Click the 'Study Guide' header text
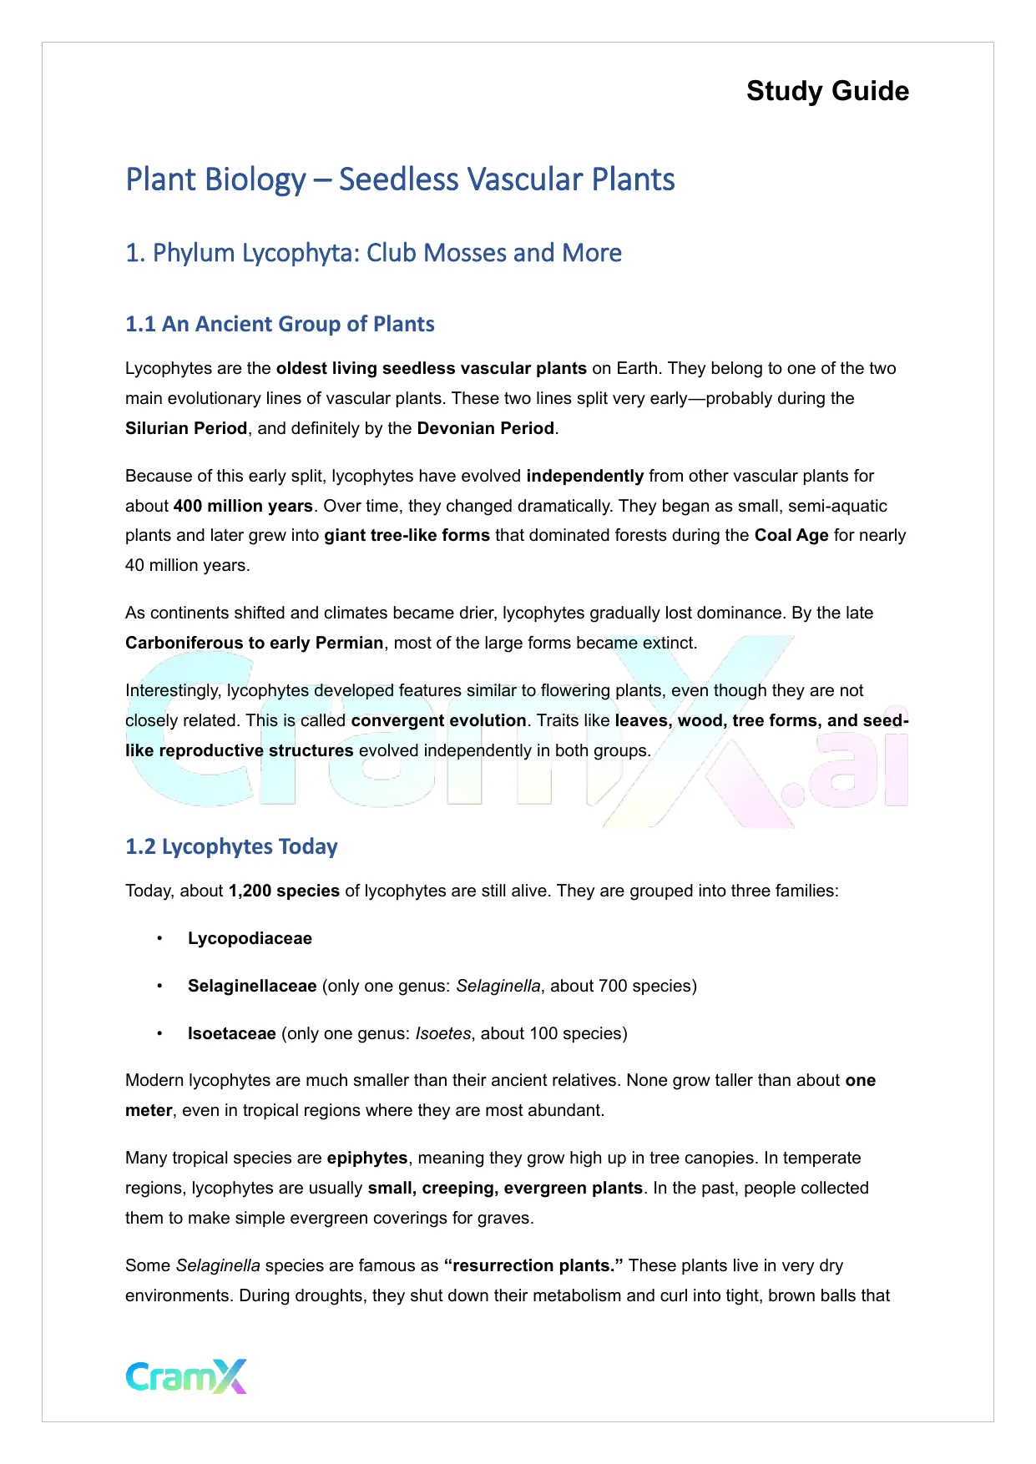click(827, 91)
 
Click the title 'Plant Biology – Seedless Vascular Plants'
click(400, 179)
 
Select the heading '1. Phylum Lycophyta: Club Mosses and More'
click(373, 253)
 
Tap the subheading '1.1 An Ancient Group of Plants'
click(280, 324)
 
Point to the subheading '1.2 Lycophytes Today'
click(231, 846)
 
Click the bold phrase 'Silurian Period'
click(186, 428)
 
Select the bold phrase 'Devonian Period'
click(486, 428)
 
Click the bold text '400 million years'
click(243, 506)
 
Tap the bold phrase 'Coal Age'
click(791, 535)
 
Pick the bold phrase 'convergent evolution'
click(438, 720)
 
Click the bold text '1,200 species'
click(284, 891)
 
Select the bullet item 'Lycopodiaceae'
click(250, 938)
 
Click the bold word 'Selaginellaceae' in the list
click(252, 986)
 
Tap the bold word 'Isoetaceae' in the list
click(232, 1033)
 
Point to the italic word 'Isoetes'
click(443, 1033)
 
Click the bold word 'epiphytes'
click(367, 1158)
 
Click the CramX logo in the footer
click(186, 1376)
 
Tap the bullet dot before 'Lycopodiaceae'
click(159, 939)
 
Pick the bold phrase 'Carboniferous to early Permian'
click(255, 643)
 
